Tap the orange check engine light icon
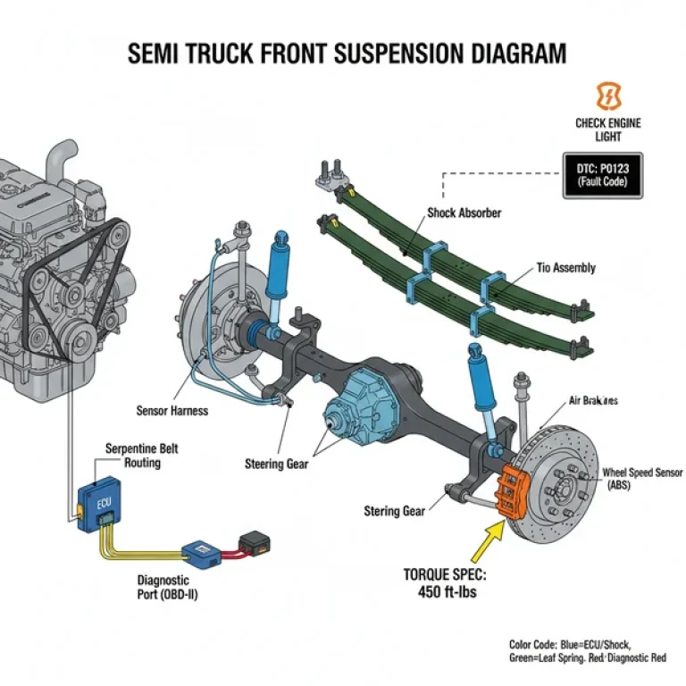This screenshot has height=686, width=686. coord(607,96)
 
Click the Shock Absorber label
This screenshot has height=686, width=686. coord(464,213)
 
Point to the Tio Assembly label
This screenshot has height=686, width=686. coord(565,268)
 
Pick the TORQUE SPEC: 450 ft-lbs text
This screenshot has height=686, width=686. coord(444,582)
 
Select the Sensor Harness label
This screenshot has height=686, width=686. coord(172,411)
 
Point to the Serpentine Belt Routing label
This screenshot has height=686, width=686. coord(141,456)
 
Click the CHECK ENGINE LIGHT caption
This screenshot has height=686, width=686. coord(607,130)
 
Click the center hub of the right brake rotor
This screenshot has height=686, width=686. coord(565,487)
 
